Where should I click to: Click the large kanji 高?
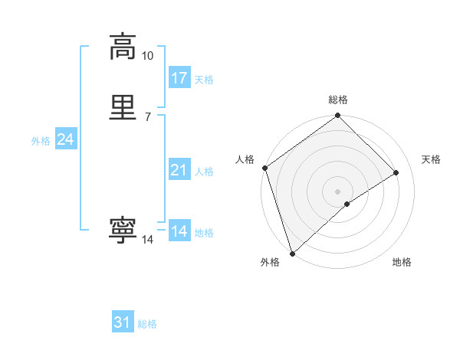(123, 46)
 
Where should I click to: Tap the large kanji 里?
(123, 106)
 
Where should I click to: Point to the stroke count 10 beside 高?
(147, 56)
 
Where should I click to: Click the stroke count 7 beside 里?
(147, 116)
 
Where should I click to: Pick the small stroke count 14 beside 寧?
(147, 240)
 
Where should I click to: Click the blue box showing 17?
(179, 78)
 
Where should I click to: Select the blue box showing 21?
(179, 170)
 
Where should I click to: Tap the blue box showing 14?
(179, 231)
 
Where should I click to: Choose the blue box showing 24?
(66, 139)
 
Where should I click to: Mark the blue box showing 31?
(123, 322)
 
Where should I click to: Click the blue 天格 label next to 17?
(204, 80)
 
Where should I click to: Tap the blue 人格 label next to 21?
(204, 172)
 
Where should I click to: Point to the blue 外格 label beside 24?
(41, 141)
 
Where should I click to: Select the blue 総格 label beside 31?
(147, 324)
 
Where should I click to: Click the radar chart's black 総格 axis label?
(338, 100)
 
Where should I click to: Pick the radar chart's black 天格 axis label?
(431, 159)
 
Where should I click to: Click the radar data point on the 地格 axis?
(347, 204)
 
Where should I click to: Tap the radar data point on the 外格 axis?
(291, 253)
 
